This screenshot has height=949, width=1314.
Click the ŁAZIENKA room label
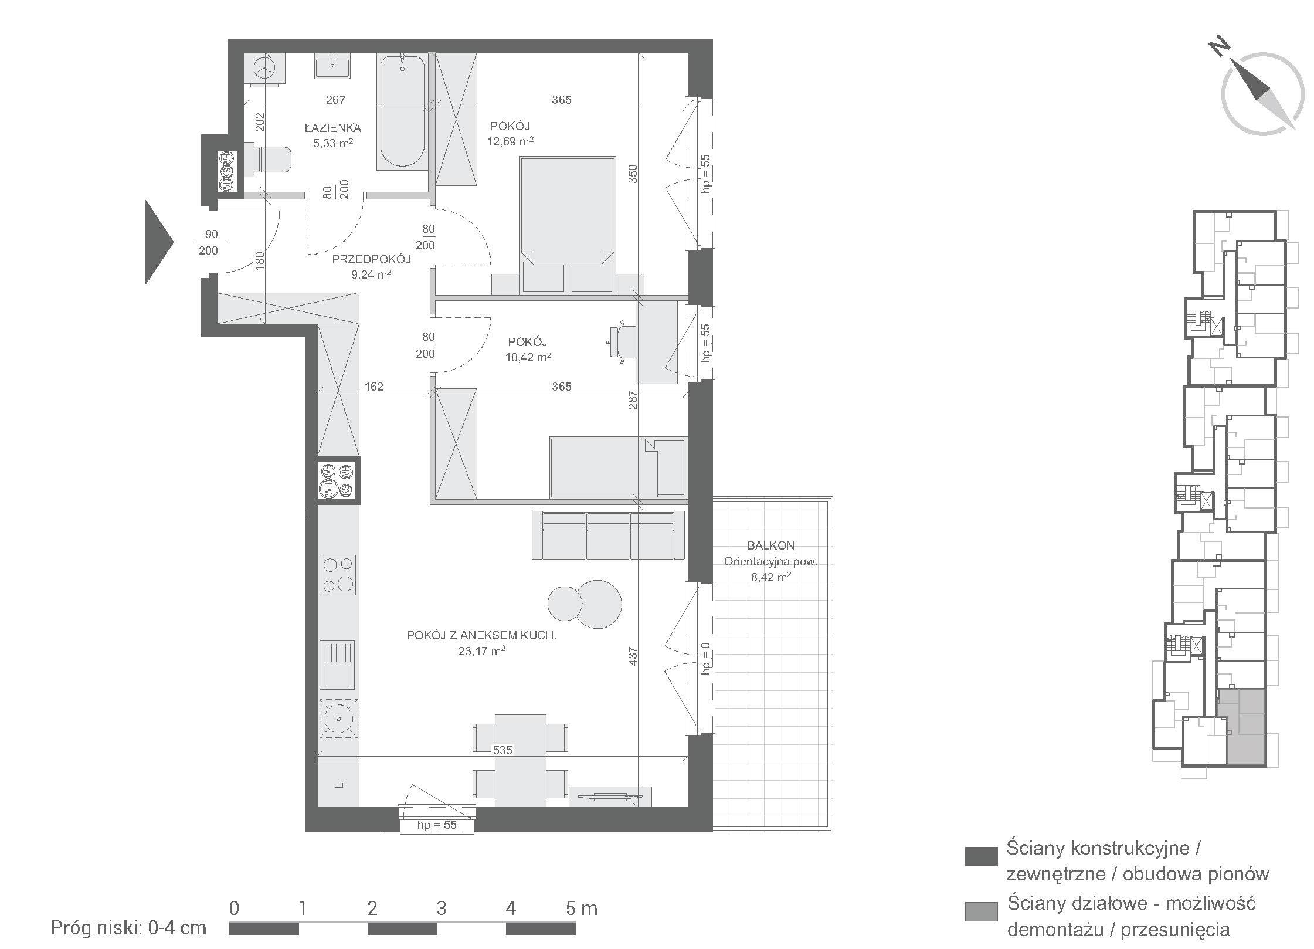pyautogui.click(x=332, y=127)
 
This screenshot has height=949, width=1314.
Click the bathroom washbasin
pyautogui.click(x=332, y=66)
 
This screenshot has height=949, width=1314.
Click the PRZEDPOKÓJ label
pyautogui.click(x=371, y=259)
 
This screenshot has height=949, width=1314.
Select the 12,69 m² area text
pyautogui.click(x=510, y=141)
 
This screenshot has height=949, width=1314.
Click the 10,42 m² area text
pyautogui.click(x=528, y=357)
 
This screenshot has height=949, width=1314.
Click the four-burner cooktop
pyautogui.click(x=338, y=575)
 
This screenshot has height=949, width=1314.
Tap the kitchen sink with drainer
pyautogui.click(x=337, y=665)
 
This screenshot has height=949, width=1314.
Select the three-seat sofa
pyautogui.click(x=608, y=535)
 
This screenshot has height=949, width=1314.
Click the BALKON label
pyautogui.click(x=771, y=545)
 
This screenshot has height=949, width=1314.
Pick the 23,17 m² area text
pyautogui.click(x=482, y=651)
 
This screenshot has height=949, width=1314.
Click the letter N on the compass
pyautogui.click(x=1217, y=47)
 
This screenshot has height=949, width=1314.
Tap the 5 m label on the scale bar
pyautogui.click(x=582, y=909)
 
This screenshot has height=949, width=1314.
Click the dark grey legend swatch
pyautogui.click(x=981, y=856)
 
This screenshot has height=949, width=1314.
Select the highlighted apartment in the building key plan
pyautogui.click(x=1241, y=727)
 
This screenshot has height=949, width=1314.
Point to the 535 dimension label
pyautogui.click(x=502, y=750)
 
